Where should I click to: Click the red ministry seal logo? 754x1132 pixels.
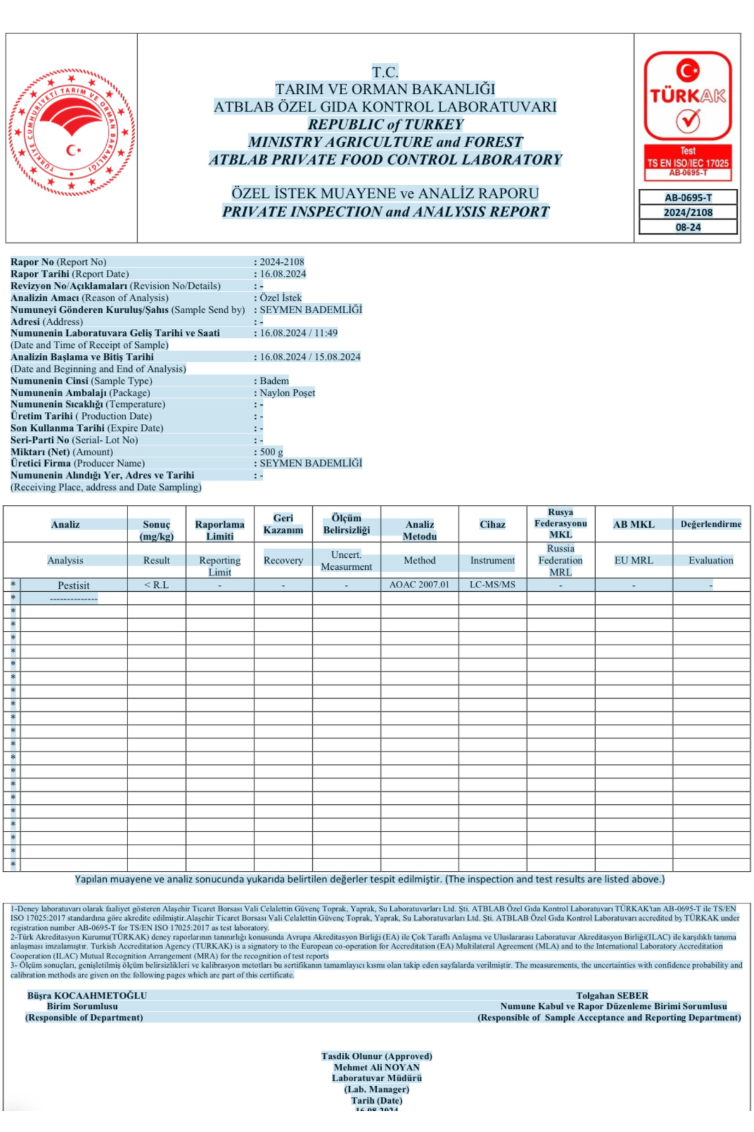click(72, 133)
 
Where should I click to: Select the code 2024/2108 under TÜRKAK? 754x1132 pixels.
click(688, 213)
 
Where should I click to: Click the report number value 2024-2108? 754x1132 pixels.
click(282, 262)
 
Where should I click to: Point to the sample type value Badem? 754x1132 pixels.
click(275, 380)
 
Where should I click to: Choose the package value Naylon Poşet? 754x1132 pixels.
click(287, 392)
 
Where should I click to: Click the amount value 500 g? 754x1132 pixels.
click(271, 452)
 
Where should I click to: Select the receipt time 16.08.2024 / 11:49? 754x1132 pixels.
click(298, 333)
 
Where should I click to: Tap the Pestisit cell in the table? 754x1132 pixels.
click(74, 585)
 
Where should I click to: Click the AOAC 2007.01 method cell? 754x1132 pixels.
click(419, 585)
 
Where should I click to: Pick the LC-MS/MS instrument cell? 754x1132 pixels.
click(492, 585)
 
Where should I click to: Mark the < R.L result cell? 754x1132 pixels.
click(156, 585)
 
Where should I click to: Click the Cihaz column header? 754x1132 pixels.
click(492, 524)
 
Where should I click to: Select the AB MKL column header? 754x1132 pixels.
click(633, 524)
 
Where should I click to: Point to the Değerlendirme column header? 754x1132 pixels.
click(711, 524)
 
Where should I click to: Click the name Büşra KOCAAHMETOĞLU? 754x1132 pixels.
click(87, 996)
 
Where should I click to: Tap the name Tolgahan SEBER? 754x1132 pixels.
click(612, 996)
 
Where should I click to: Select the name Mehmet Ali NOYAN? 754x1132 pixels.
click(376, 1067)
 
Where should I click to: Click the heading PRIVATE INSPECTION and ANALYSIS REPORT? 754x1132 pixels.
click(385, 211)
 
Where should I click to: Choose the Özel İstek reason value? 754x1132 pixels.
click(281, 297)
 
